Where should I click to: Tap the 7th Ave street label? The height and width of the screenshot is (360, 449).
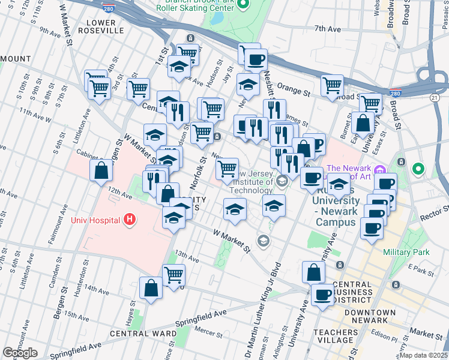point(327,28)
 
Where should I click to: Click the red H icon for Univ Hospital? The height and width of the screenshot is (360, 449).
point(128,220)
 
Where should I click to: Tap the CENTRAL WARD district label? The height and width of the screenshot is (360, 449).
point(134,333)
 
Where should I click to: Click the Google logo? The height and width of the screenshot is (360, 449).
point(20,353)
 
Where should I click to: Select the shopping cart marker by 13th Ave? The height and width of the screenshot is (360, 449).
point(173,275)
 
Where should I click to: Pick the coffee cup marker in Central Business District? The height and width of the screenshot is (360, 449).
point(323,295)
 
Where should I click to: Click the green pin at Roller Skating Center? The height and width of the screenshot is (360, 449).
point(243,5)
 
